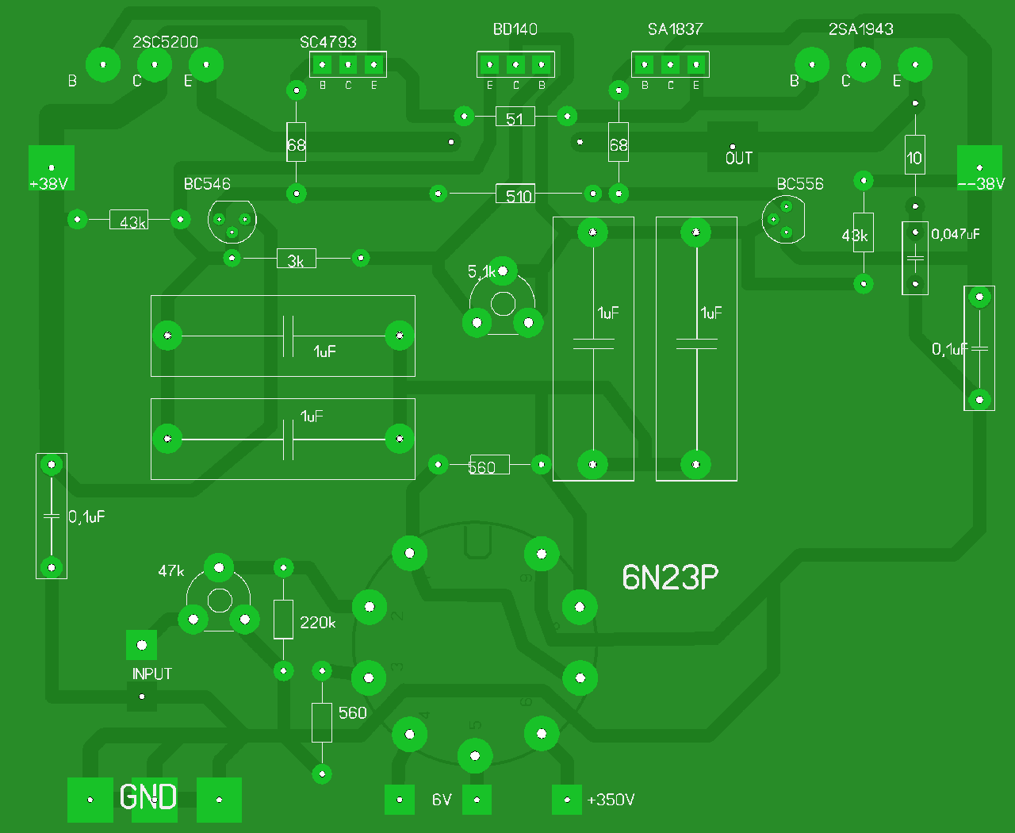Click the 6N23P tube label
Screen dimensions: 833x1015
[670, 578]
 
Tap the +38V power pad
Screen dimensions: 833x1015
[52, 167]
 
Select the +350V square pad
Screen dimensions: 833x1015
[567, 800]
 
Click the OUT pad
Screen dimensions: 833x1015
[733, 148]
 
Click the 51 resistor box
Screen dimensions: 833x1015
[515, 117]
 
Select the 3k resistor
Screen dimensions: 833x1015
[296, 259]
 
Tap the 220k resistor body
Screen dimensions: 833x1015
[283, 620]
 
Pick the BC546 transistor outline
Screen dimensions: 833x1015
[232, 221]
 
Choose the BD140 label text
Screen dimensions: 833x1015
[515, 29]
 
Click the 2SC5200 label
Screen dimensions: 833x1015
[165, 42]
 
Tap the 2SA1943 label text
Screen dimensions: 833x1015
[860, 29]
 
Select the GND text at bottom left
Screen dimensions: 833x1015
[148, 797]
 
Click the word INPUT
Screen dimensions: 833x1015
[151, 674]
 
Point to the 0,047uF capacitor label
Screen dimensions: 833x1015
[956, 234]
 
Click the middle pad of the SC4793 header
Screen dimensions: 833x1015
[348, 64]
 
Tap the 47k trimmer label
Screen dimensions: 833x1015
[171, 571]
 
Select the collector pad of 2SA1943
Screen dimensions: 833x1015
[864, 64]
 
